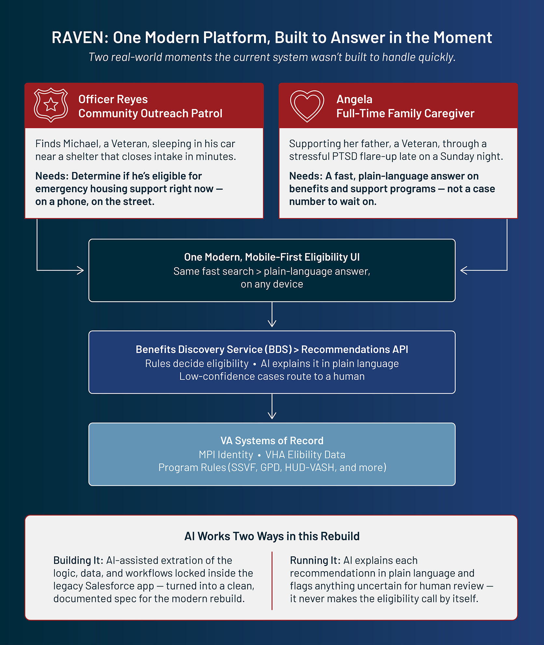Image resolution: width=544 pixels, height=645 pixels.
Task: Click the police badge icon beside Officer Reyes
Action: pos(51,105)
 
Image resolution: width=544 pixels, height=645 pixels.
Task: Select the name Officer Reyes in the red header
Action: pos(113,99)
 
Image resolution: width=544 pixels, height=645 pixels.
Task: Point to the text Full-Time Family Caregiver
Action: pos(405,113)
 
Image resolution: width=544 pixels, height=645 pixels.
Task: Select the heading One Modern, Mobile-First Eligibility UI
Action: pos(272,257)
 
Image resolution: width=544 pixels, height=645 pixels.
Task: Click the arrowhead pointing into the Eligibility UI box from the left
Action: pos(80,270)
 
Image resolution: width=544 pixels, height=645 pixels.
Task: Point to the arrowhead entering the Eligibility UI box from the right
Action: pos(464,270)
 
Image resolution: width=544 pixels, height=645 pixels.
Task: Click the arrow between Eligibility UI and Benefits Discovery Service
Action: pos(272,314)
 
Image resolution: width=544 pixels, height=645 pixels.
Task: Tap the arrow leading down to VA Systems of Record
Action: pos(272,406)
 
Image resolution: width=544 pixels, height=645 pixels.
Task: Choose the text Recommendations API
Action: pos(355,349)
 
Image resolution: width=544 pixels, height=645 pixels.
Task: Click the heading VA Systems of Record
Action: pos(272,441)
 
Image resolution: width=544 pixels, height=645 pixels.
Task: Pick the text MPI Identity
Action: pos(226,454)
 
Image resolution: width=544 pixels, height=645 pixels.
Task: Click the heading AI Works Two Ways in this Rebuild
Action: pos(272,536)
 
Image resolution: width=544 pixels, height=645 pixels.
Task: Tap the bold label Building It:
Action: pos(78,560)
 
